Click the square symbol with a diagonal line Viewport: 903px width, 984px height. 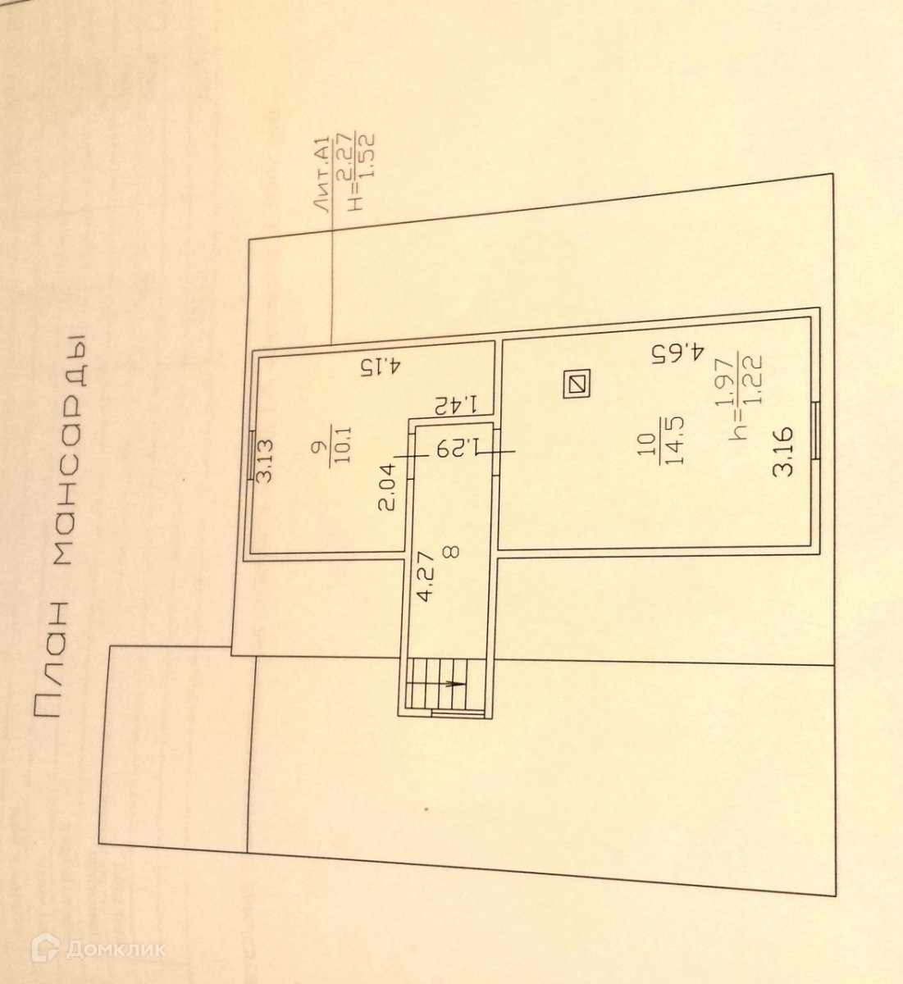click(577, 384)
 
